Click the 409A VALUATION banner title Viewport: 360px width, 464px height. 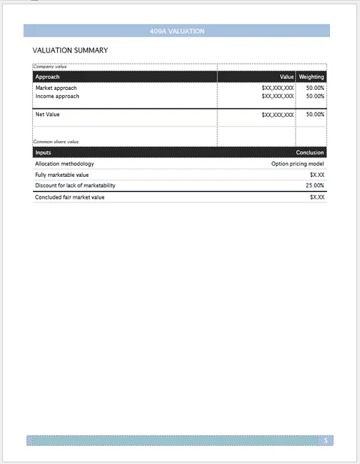pyautogui.click(x=177, y=31)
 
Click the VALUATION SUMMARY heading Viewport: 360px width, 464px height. pyautogui.click(x=70, y=50)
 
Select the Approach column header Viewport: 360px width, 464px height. pyautogui.click(x=47, y=77)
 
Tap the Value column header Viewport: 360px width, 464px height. pyautogui.click(x=286, y=77)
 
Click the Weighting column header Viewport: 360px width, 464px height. pyautogui.click(x=311, y=77)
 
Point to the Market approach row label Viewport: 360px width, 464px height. pyautogui.click(x=55, y=88)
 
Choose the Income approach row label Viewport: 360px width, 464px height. pyautogui.click(x=57, y=96)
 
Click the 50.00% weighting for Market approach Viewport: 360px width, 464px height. pyautogui.click(x=315, y=88)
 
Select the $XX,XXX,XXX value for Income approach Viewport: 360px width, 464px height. pyautogui.click(x=277, y=96)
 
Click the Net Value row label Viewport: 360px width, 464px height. pyautogui.click(x=47, y=115)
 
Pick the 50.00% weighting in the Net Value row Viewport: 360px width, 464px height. pyautogui.click(x=315, y=115)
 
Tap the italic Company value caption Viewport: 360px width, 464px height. pyautogui.click(x=49, y=67)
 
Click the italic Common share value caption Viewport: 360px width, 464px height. pyautogui.click(x=55, y=141)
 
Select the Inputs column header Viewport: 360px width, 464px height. pyautogui.click(x=43, y=152)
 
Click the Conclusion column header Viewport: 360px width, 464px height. pyautogui.click(x=310, y=152)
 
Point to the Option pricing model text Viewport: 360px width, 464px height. pyautogui.click(x=298, y=163)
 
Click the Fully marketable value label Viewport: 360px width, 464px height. pyautogui.click(x=61, y=175)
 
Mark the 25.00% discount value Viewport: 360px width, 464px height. pyautogui.click(x=315, y=185)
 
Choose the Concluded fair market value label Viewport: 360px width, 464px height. pyautogui.click(x=70, y=197)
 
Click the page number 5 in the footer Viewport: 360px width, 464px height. pyautogui.click(x=325, y=441)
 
